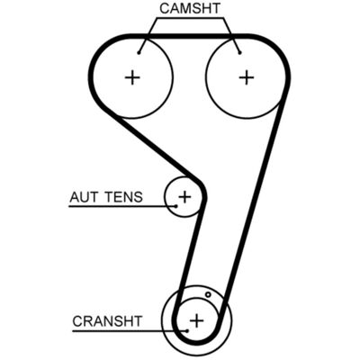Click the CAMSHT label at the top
pyautogui.click(x=190, y=8)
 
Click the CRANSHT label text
pyautogui.click(x=107, y=321)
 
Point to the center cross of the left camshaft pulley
pyautogui.click(x=132, y=78)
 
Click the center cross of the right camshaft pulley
pyautogui.click(x=247, y=77)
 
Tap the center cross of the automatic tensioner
pyautogui.click(x=184, y=197)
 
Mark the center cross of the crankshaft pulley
pyautogui.click(x=197, y=320)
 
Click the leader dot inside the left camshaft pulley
pyautogui.click(x=139, y=53)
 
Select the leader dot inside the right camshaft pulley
pyautogui.click(x=239, y=53)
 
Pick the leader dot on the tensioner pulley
pyautogui.click(x=176, y=206)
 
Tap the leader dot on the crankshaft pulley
pyautogui.click(x=187, y=330)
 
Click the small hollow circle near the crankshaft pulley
pyautogui.click(x=208, y=295)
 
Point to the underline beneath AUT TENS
pyautogui.click(x=122, y=206)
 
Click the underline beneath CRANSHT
pyautogui.click(x=130, y=331)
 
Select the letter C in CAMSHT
pyautogui.click(x=165, y=8)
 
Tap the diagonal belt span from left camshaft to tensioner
pyautogui.click(x=150, y=146)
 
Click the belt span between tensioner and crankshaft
pyautogui.click(x=190, y=255)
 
